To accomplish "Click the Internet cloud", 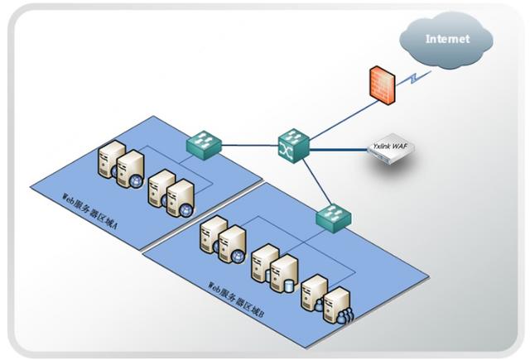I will click(x=446, y=38).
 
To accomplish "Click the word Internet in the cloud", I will click(x=446, y=39).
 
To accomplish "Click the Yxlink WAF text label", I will click(x=391, y=146).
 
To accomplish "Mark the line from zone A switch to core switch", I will click(x=248, y=146).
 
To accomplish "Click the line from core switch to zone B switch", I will click(x=315, y=180).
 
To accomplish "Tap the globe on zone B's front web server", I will click(x=238, y=256).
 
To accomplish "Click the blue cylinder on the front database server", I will click(x=289, y=286).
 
